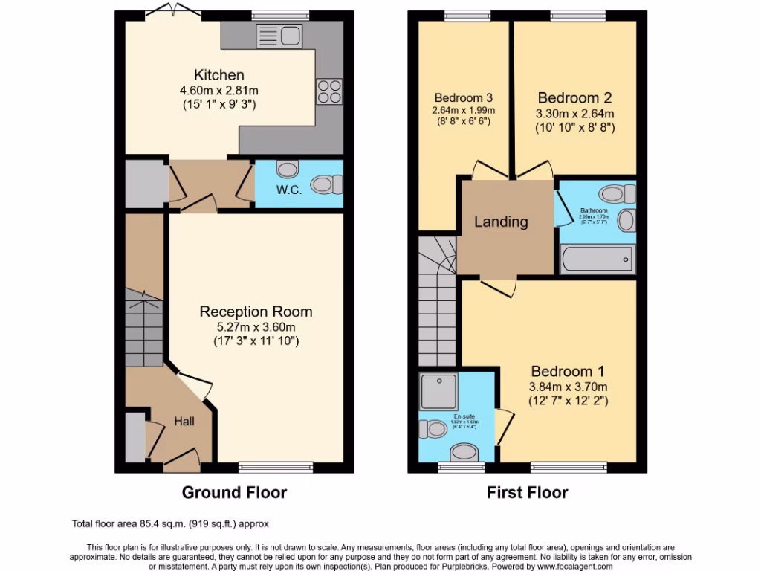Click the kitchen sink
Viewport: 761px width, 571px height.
tap(277, 35)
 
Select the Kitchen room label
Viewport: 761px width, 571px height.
tap(218, 75)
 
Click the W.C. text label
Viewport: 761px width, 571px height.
tap(290, 190)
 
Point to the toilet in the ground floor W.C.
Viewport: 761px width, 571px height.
tap(326, 184)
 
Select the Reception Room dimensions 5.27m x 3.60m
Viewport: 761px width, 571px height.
tap(256, 326)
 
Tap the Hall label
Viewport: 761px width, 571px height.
tap(184, 422)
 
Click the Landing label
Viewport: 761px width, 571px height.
tap(501, 222)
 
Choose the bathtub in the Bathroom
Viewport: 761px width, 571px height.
tap(596, 259)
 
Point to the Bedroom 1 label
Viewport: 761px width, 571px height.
tap(569, 371)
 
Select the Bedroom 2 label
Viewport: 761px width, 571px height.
tap(574, 98)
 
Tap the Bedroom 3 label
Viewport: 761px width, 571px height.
tap(464, 97)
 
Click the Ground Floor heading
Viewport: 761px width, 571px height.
tap(234, 492)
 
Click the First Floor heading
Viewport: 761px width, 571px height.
tap(527, 492)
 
